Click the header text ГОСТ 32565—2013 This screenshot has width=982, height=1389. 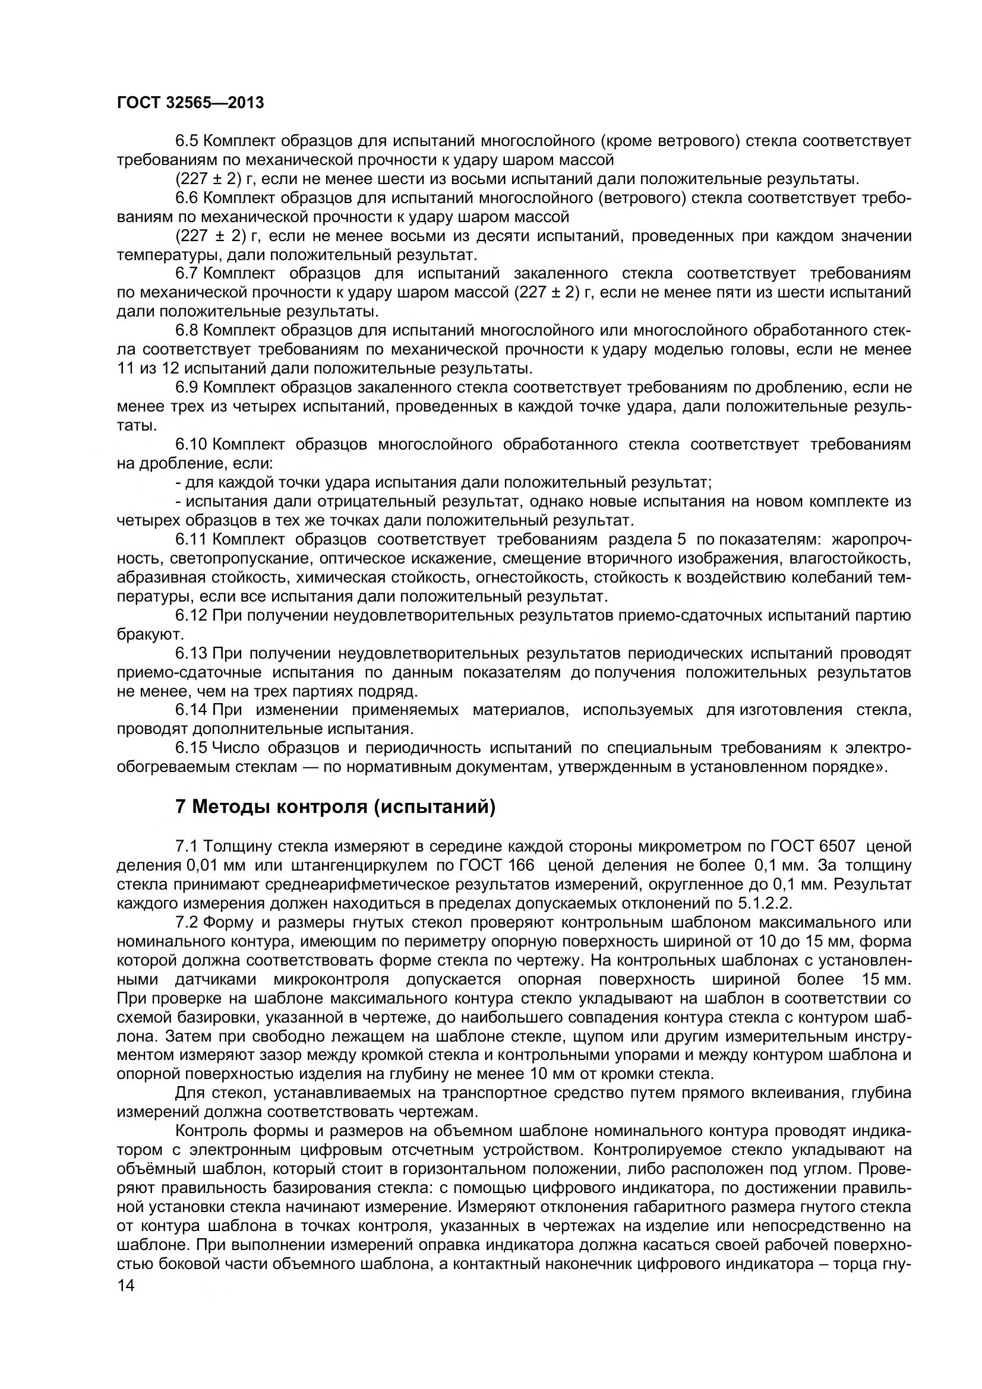point(190,103)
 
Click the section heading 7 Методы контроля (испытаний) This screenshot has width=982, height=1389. point(335,807)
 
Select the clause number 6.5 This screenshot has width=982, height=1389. point(187,141)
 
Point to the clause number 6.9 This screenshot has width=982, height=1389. point(187,387)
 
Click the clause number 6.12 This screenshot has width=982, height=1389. point(191,615)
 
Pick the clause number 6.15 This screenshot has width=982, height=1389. point(191,748)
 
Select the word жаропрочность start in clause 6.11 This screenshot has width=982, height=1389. point(872,539)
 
